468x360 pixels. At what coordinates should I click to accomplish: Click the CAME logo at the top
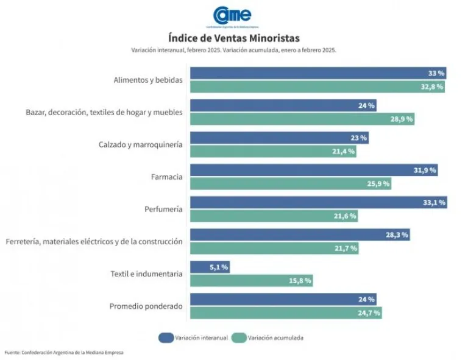pyautogui.click(x=232, y=15)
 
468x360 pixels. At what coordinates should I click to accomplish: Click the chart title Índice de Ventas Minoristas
pyautogui.click(x=234, y=38)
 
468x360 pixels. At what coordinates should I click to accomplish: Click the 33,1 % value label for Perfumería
pyautogui.click(x=434, y=202)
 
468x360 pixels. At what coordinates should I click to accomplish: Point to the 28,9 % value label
pyautogui.click(x=402, y=119)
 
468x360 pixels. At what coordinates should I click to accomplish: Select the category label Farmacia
pyautogui.click(x=166, y=177)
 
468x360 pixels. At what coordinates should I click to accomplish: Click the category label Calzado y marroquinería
pyautogui.click(x=140, y=144)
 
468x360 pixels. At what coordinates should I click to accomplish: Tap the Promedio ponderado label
pyautogui.click(x=146, y=306)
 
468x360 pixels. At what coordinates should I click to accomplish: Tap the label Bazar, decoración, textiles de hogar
pyautogui.click(x=104, y=112)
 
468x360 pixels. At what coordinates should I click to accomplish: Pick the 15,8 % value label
pyautogui.click(x=300, y=280)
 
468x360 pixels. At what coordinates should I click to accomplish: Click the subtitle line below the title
pyautogui.click(x=234, y=50)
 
